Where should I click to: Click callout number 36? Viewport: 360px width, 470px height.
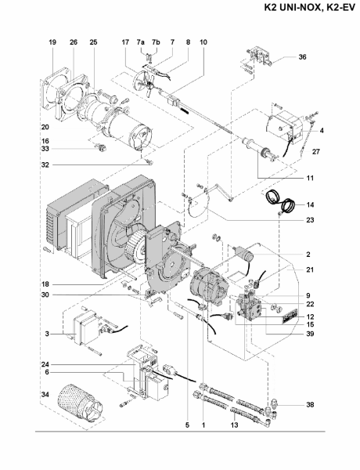pos(303,56)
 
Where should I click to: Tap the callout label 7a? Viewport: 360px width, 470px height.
pos(141,42)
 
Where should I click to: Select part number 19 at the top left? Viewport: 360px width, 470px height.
pos(52,42)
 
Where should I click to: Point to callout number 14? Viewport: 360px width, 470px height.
pos(310,204)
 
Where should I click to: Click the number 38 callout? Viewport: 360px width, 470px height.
pos(310,405)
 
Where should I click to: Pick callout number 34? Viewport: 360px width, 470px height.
pos(45,395)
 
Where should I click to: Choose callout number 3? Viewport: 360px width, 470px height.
pos(47,334)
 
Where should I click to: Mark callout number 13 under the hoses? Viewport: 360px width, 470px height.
pos(235,425)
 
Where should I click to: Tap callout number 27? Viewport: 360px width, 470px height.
pos(316,152)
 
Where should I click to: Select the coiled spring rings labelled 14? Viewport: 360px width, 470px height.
pos(281,201)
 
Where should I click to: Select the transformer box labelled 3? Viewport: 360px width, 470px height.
pos(86,327)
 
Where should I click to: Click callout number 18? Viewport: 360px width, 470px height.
pos(45,284)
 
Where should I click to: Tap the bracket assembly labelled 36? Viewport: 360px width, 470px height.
pos(259,57)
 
